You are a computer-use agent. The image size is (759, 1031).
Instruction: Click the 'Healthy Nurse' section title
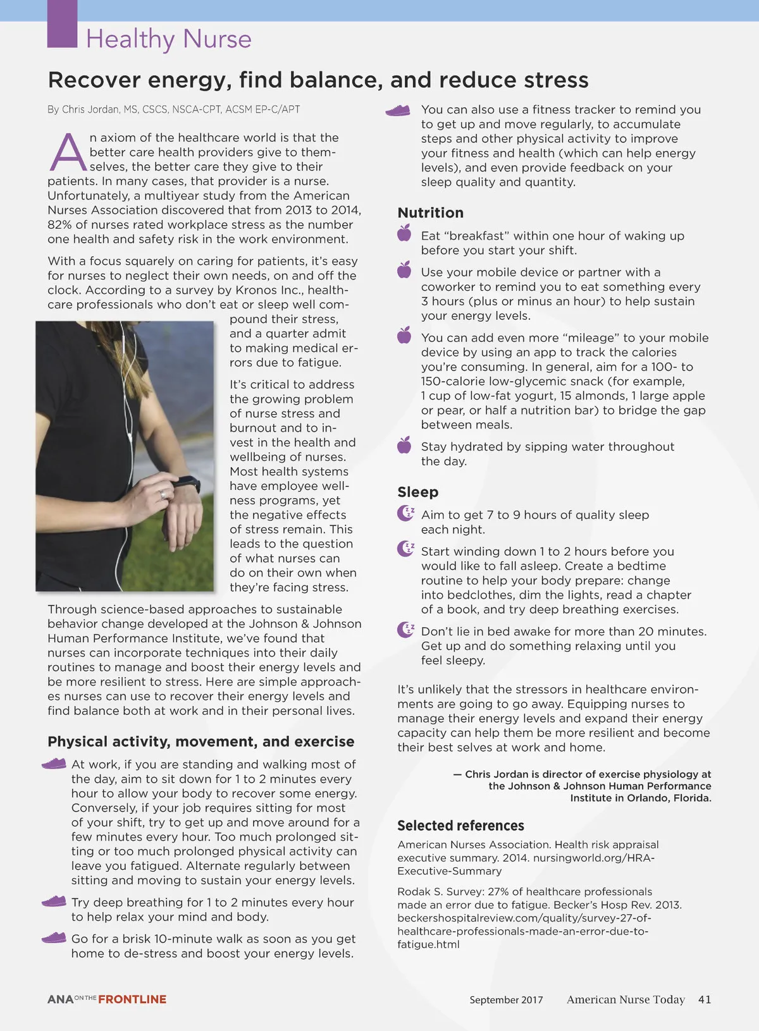168,39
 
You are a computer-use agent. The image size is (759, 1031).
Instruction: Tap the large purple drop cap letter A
68,153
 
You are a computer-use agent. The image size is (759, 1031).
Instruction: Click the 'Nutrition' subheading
430,213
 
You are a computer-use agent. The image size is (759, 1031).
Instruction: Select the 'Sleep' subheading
417,492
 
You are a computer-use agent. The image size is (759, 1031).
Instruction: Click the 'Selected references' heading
460,826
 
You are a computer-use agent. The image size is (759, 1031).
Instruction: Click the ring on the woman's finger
163,494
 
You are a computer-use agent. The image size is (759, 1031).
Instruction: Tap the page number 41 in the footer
705,999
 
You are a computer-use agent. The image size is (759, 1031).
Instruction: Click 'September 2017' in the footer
506,1000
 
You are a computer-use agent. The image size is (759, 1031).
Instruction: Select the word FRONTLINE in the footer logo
132,999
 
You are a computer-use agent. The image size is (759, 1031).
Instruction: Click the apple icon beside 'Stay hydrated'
404,446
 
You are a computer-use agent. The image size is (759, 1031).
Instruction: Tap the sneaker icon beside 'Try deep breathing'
54,901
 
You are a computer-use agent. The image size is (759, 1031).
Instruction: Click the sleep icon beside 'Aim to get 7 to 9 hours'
405,513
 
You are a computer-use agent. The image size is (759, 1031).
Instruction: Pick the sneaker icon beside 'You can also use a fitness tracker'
398,111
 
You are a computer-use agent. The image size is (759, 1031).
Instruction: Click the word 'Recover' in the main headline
94,80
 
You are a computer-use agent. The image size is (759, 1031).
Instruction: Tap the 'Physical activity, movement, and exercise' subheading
201,741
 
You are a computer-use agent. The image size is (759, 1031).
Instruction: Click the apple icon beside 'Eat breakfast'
404,233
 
